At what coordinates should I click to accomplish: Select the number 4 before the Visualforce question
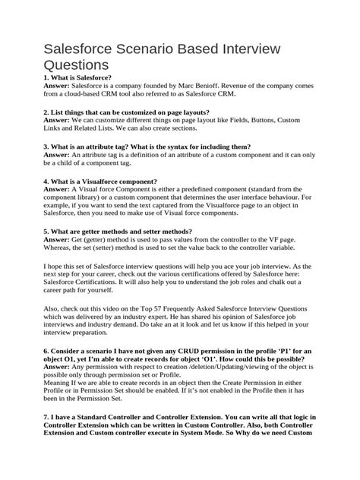tap(27, 181)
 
